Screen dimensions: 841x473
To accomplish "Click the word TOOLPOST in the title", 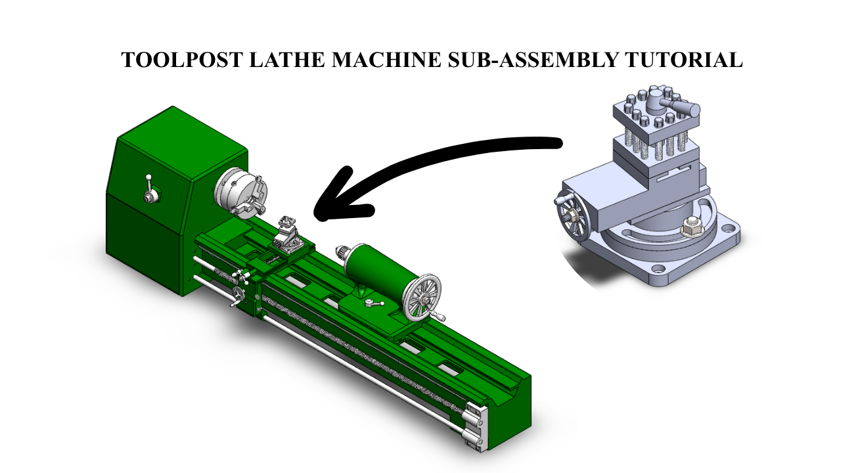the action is [x=182, y=60].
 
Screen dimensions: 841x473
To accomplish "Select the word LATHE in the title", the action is [x=287, y=60].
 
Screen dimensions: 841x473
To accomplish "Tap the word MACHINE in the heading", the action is [x=386, y=60].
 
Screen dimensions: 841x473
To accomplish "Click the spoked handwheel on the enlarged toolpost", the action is [x=570, y=217].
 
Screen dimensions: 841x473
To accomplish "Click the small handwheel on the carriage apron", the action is [x=238, y=294].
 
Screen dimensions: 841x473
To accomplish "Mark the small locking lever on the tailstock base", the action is [x=375, y=303].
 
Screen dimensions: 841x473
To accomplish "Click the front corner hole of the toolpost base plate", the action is [x=658, y=269].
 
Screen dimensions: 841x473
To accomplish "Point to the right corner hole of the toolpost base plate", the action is [x=729, y=227].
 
